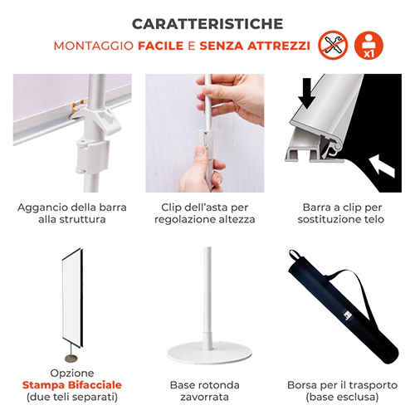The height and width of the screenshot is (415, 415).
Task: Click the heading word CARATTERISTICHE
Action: (x=207, y=24)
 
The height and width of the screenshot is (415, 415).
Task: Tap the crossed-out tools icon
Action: (x=332, y=45)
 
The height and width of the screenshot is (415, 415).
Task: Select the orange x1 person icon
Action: (x=369, y=45)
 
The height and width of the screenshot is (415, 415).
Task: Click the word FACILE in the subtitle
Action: (x=161, y=46)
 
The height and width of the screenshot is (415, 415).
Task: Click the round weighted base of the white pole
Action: (x=209, y=354)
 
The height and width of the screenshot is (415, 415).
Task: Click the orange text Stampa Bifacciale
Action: (x=72, y=385)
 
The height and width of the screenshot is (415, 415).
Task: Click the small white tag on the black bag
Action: (x=348, y=315)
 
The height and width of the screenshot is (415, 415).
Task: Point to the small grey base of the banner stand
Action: (x=71, y=358)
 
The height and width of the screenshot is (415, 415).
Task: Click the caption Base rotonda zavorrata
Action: (x=204, y=391)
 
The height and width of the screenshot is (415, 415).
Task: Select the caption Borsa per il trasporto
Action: (x=342, y=385)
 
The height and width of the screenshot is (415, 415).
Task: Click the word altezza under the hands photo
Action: (x=237, y=219)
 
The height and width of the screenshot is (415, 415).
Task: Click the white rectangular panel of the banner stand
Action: (x=72, y=297)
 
